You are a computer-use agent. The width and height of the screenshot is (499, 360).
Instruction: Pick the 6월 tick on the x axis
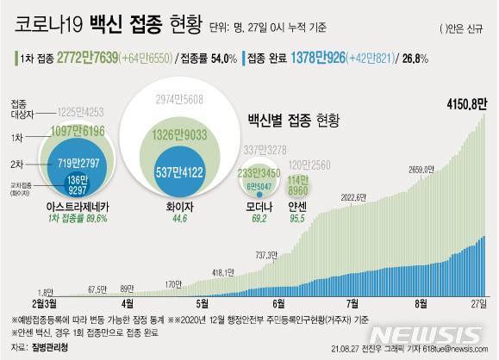(278, 303)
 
